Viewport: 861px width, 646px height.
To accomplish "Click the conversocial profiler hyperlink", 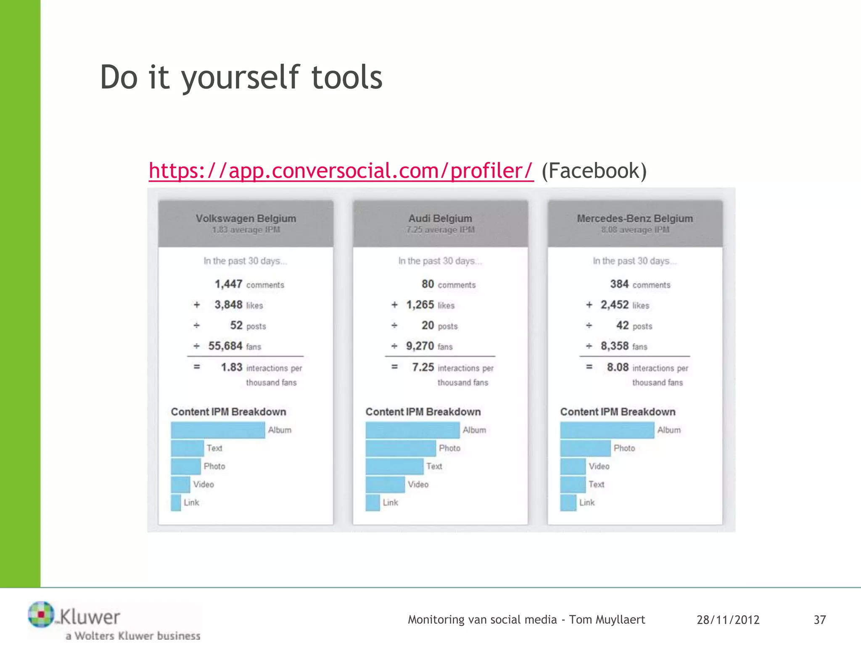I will (x=341, y=171).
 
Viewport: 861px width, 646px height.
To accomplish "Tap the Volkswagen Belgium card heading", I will (x=246, y=218).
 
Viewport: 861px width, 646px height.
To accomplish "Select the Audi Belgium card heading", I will (x=440, y=218).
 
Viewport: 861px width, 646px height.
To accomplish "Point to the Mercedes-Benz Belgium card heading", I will (x=635, y=218).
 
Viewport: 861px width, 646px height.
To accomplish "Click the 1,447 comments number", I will (x=228, y=284).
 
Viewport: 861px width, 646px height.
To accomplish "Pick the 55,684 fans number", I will (x=225, y=346).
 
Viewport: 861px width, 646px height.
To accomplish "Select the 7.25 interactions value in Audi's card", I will (x=423, y=367).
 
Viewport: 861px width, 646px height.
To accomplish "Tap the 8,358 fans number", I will (x=614, y=346).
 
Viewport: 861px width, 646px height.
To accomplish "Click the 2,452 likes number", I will (x=614, y=305).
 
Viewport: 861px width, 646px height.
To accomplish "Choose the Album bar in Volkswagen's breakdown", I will (x=218, y=430).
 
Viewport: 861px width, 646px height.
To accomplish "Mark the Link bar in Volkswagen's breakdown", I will (x=176, y=503).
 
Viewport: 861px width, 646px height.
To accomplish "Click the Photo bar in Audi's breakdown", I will (x=400, y=448).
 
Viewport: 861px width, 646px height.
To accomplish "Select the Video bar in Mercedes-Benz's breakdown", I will (x=573, y=466).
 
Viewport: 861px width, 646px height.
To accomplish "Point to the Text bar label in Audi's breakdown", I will (x=434, y=466).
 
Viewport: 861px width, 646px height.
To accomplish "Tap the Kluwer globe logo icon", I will (x=41, y=614).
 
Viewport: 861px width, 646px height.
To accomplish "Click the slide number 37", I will (x=819, y=620).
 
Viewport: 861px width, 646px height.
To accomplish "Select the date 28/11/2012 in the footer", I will (x=728, y=620).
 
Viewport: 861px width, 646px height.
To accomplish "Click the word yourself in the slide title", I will (x=240, y=78).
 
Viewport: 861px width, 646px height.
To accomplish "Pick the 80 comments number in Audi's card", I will (x=428, y=284).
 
